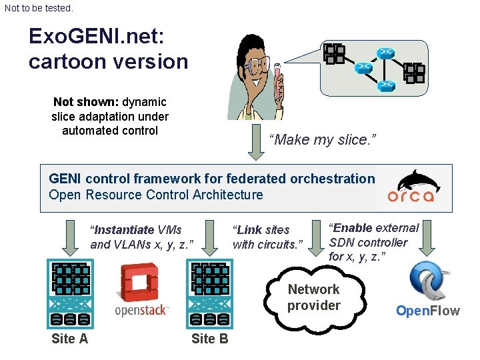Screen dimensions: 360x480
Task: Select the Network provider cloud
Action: click(x=317, y=298)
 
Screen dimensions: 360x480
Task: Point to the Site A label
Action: click(x=69, y=339)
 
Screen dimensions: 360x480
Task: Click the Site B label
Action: click(x=209, y=339)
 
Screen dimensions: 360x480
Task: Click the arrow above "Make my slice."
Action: click(x=256, y=143)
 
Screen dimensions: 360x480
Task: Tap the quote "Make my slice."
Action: click(x=323, y=140)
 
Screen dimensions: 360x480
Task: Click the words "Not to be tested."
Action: click(x=39, y=9)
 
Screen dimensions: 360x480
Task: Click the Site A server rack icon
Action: click(x=70, y=293)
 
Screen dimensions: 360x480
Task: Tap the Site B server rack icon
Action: click(x=211, y=293)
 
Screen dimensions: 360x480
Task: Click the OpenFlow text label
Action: click(x=428, y=311)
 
